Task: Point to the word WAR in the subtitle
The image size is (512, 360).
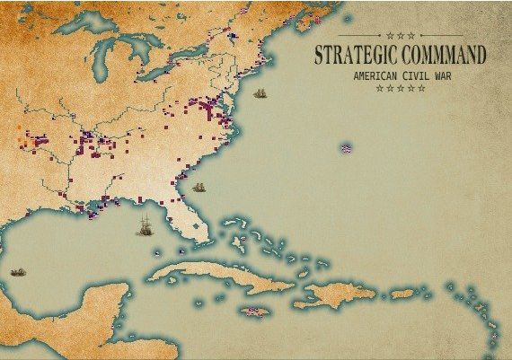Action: click(x=437, y=76)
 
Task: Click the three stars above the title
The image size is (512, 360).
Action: click(x=400, y=36)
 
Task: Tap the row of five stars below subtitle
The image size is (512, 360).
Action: click(x=400, y=88)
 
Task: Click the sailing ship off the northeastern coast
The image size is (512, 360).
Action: click(x=260, y=93)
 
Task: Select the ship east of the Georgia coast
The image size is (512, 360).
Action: click(x=199, y=188)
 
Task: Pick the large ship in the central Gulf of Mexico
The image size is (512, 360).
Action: click(x=144, y=227)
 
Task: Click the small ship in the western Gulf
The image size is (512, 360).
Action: click(x=17, y=271)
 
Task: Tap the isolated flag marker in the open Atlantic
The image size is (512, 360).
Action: click(x=346, y=147)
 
